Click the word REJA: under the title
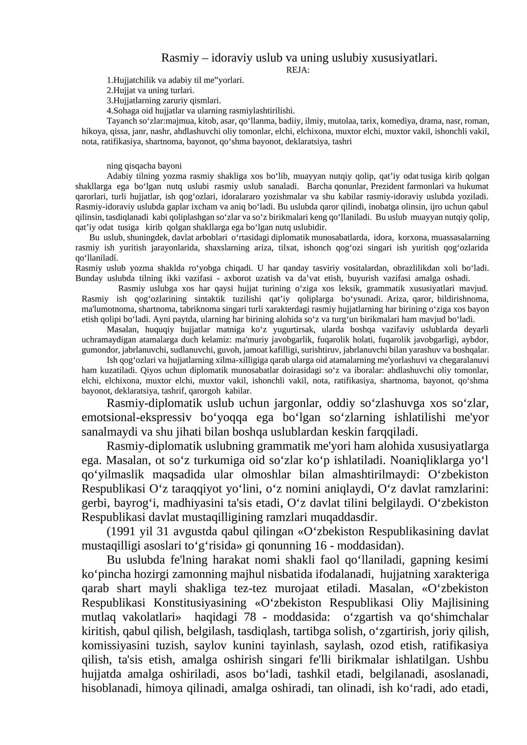point(297,70)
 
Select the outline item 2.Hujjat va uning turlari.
point(150,90)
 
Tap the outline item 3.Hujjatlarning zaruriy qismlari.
point(163,100)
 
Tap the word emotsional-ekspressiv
point(136,418)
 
